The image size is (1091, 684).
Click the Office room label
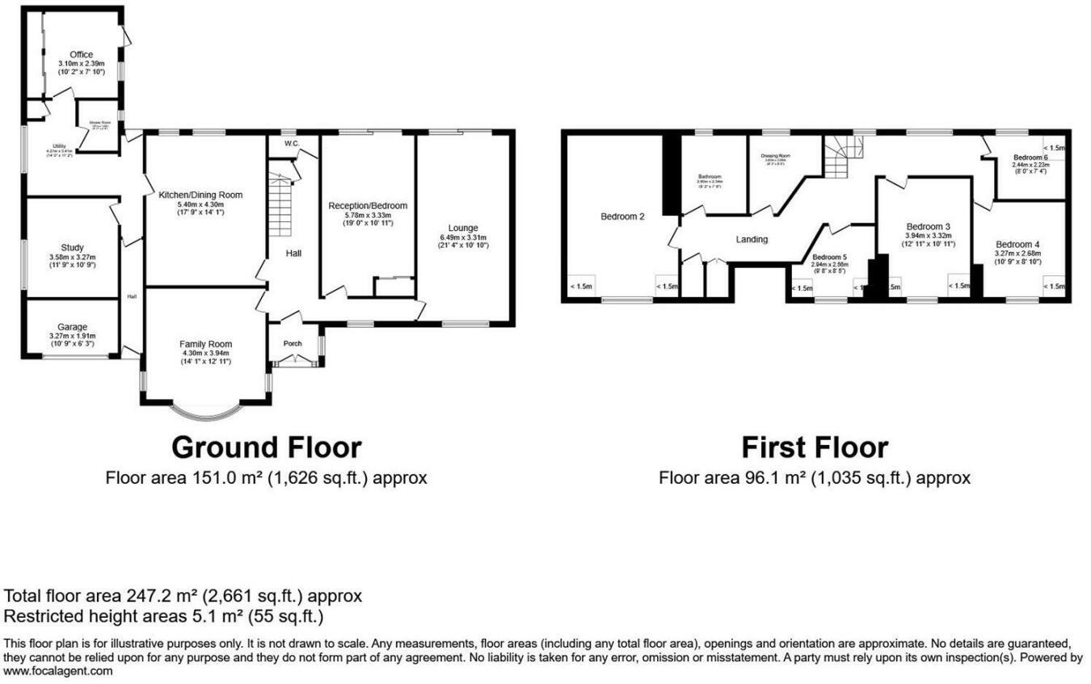(82, 55)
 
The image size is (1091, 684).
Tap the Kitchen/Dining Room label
(200, 195)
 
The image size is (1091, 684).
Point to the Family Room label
(204, 344)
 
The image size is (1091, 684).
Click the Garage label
(72, 327)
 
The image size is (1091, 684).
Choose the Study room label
(72, 248)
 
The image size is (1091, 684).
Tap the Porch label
(293, 344)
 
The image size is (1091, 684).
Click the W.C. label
(292, 144)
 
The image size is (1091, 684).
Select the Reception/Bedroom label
(368, 206)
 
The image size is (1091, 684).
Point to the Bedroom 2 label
(622, 216)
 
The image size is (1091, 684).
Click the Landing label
(752, 239)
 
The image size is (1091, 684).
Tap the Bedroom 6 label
(1030, 157)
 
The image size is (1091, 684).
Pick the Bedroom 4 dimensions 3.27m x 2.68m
(1017, 253)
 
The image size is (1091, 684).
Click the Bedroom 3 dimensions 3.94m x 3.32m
(928, 235)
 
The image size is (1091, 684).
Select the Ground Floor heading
(266, 447)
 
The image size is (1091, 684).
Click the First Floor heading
(815, 447)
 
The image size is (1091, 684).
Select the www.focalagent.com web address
(59, 671)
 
